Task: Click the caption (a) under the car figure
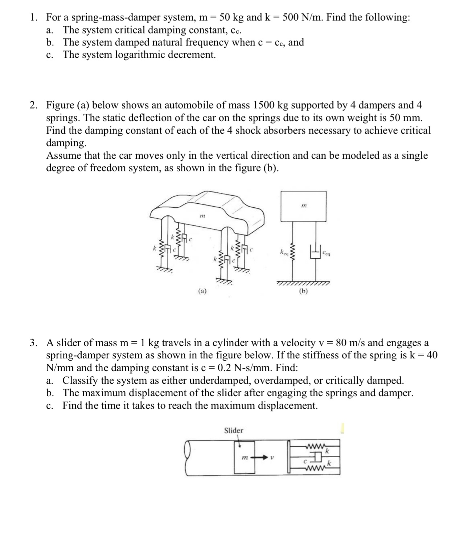pos(202,291)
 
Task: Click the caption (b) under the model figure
pos(303,291)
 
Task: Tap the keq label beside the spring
pos(284,251)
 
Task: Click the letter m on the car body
pos(202,216)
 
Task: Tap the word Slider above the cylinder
pos(234,431)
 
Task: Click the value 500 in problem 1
pos(290,17)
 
